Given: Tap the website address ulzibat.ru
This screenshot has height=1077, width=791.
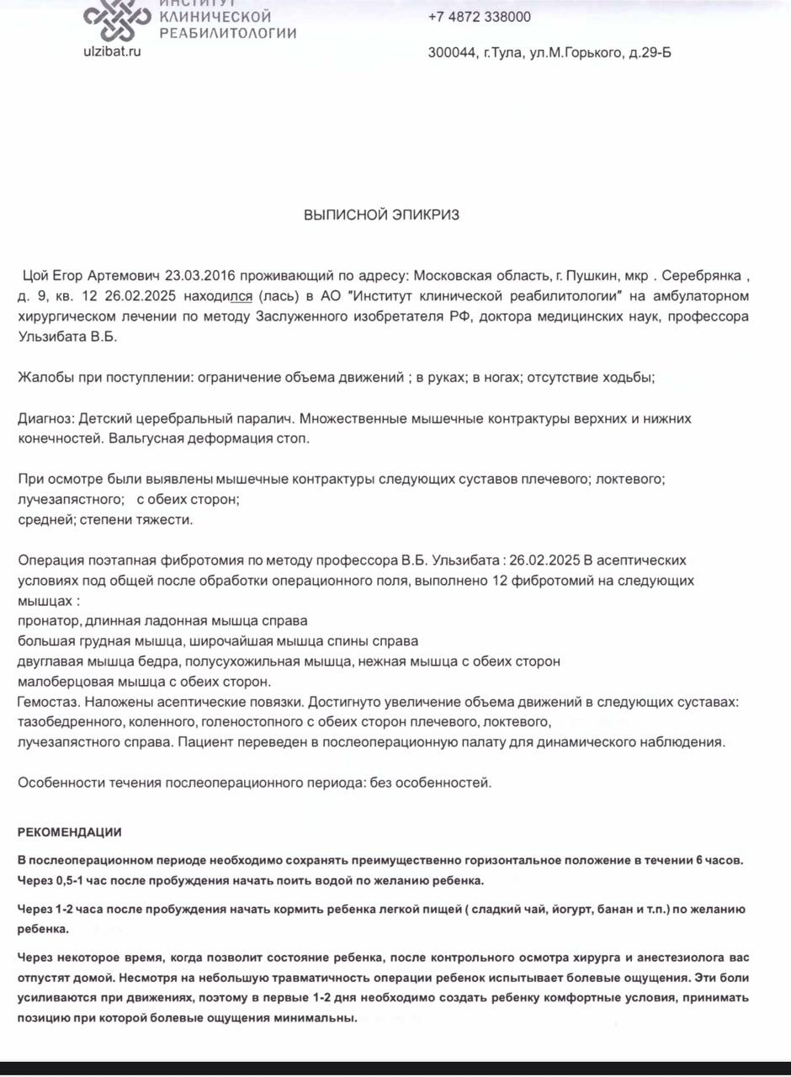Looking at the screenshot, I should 112,51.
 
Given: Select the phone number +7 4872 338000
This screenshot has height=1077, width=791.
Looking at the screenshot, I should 479,17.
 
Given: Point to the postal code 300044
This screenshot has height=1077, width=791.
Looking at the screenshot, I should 451,53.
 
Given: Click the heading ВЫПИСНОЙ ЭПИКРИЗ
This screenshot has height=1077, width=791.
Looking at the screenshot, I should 381,215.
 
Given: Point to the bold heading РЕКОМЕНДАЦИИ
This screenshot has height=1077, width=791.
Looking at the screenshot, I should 70,832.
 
